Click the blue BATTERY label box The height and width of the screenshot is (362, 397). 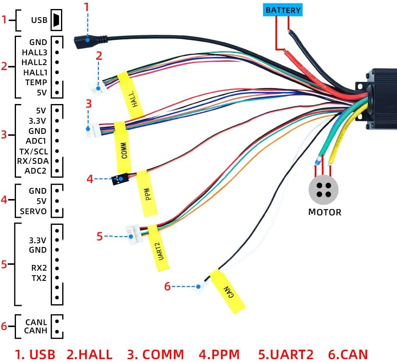[x=283, y=10]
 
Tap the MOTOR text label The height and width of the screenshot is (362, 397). [x=325, y=212]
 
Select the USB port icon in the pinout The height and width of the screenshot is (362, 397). [x=56, y=20]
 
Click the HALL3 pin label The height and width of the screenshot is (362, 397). [x=35, y=52]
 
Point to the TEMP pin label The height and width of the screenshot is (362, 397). [x=36, y=82]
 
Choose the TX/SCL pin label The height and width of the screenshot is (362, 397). [x=33, y=151]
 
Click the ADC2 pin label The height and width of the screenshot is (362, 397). [x=36, y=171]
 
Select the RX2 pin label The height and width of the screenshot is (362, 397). [x=39, y=268]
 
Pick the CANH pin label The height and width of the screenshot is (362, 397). [x=36, y=330]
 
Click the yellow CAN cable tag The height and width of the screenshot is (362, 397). [x=227, y=291]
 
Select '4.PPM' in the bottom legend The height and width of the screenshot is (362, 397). [x=219, y=354]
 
